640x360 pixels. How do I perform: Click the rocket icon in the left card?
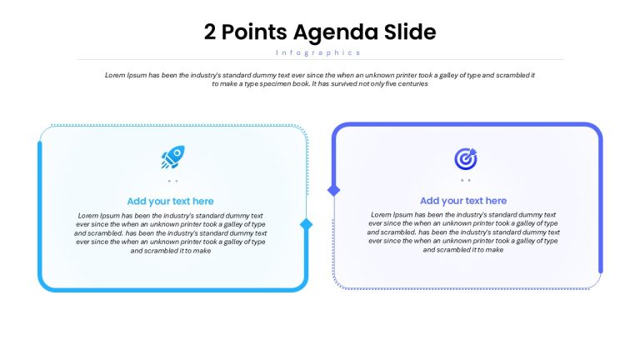[172, 157]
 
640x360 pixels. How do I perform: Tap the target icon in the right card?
[466, 158]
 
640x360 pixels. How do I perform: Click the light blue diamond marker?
[306, 224]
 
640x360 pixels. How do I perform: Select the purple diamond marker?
[334, 190]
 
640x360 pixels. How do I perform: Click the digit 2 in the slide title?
[210, 32]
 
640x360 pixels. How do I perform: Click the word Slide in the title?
[410, 32]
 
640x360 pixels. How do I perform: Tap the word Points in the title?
[254, 32]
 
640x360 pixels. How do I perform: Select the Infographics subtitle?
[318, 52]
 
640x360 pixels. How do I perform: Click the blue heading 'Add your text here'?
[170, 201]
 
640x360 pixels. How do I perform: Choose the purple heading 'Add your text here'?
[463, 201]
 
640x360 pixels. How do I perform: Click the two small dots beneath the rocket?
[172, 181]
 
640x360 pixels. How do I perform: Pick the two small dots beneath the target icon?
[466, 180]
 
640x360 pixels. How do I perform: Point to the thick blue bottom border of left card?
[172, 290]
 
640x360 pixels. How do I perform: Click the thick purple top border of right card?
[467, 124]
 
